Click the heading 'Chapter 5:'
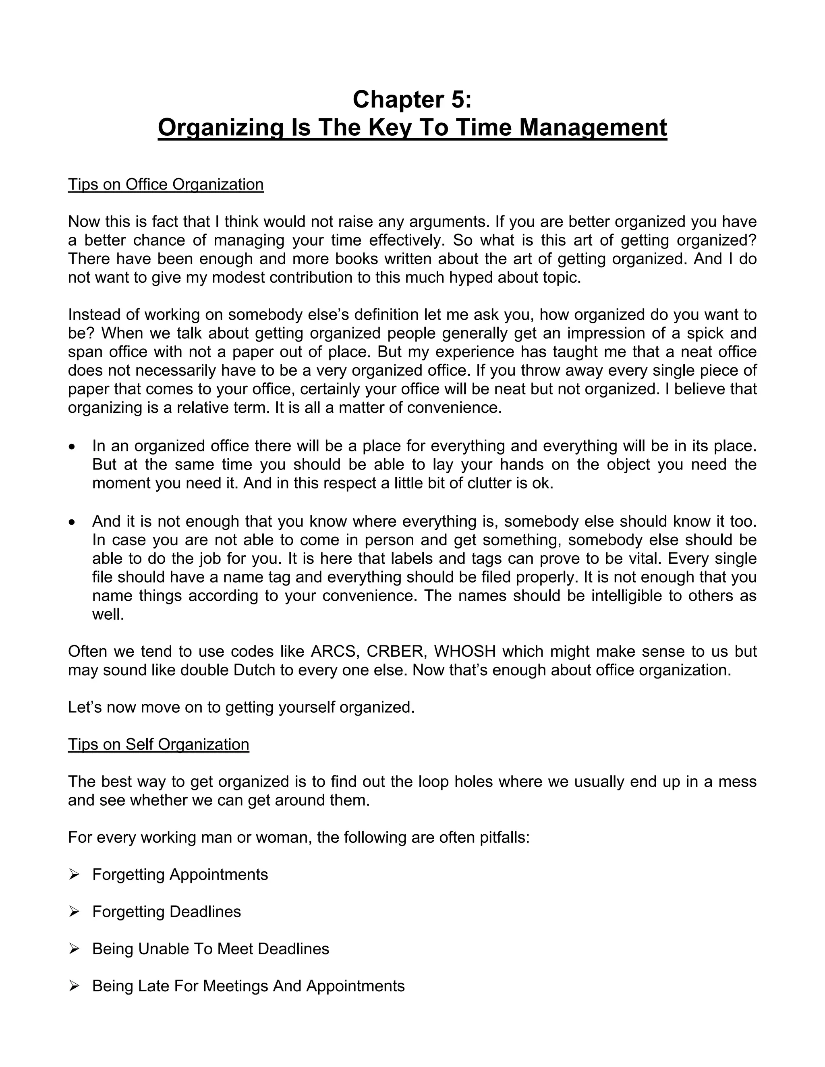coord(412,100)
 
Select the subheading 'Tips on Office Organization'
coord(166,185)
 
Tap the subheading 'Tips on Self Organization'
coord(158,744)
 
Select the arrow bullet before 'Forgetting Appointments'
coord(74,875)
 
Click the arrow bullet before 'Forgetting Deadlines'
coord(74,912)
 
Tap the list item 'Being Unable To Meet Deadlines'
coord(211,949)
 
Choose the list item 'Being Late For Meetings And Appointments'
coord(248,986)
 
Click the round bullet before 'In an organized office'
coord(73,447)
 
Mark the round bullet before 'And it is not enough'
coord(73,522)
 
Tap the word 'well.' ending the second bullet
coord(108,614)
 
